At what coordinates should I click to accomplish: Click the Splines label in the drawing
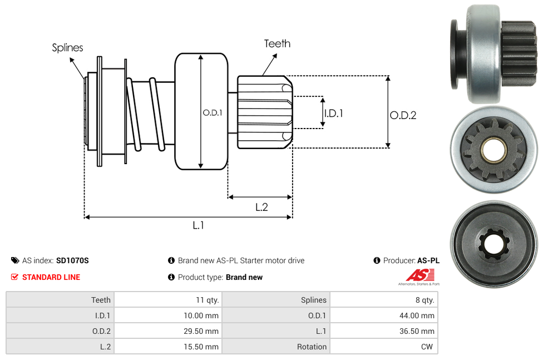click(x=67, y=48)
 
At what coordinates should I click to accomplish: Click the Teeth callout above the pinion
click(x=277, y=43)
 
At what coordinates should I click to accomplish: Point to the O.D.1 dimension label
click(x=213, y=112)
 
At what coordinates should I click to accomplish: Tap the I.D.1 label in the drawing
click(x=333, y=113)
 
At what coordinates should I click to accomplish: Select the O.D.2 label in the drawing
click(x=403, y=115)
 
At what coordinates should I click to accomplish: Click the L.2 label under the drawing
click(x=261, y=207)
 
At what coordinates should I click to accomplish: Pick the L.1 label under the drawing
click(x=199, y=225)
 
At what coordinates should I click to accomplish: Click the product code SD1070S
click(x=72, y=260)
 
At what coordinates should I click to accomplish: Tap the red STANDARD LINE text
click(x=51, y=277)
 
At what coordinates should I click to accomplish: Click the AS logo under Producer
click(x=418, y=275)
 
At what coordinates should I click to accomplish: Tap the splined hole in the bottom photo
click(x=493, y=243)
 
